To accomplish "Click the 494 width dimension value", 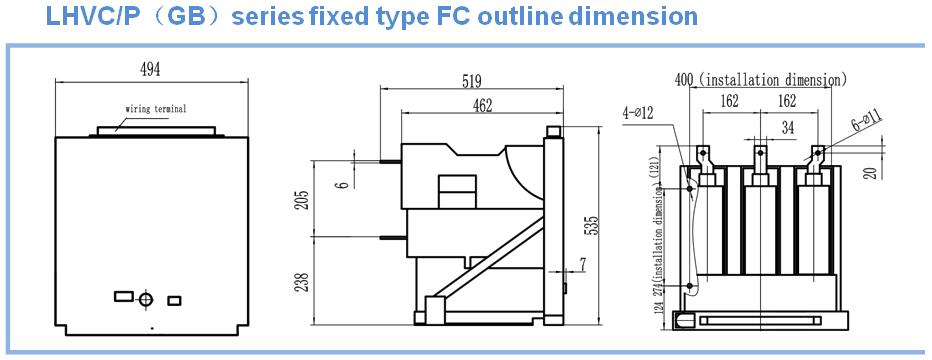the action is [x=150, y=70].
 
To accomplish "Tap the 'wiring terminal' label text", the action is [x=156, y=109].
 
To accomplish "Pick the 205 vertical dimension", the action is [x=303, y=201].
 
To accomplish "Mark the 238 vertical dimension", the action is [x=303, y=283].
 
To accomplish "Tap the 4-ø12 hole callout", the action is [x=638, y=112].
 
